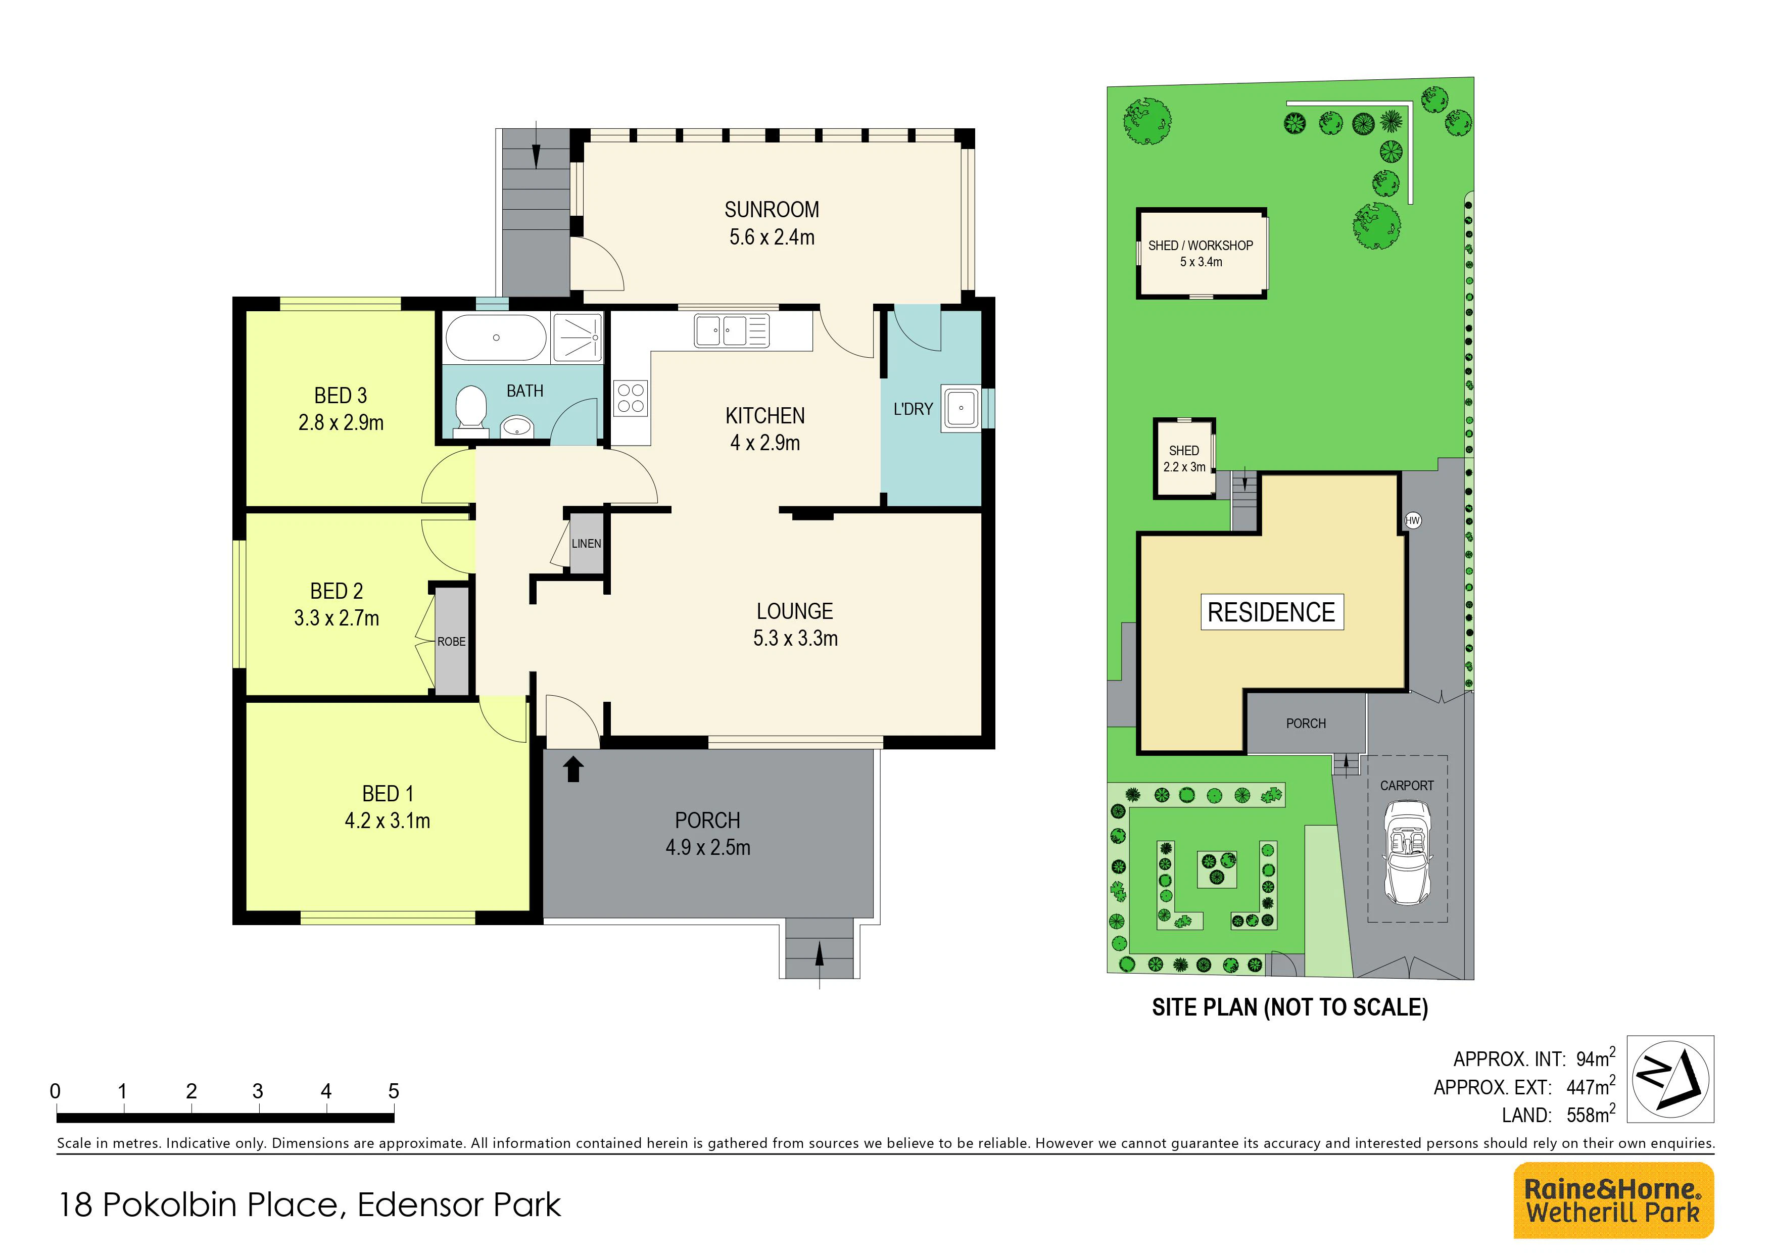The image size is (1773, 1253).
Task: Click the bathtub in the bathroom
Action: [x=496, y=338]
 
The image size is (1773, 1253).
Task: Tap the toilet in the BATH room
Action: [x=470, y=409]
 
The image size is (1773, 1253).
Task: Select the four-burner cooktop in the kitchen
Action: [x=631, y=398]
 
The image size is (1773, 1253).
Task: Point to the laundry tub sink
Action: [x=961, y=408]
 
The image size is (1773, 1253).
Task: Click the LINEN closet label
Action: [x=586, y=544]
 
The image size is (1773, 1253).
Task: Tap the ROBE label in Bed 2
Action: [x=452, y=642]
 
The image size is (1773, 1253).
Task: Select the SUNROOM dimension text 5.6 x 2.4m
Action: [x=772, y=237]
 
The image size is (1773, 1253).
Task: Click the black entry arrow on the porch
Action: [x=573, y=769]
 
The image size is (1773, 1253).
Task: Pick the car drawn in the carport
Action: [x=1407, y=852]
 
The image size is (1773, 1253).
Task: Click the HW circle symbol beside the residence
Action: [x=1412, y=520]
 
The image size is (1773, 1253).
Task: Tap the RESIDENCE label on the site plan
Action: [x=1271, y=612]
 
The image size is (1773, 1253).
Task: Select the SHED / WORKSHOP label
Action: [x=1201, y=246]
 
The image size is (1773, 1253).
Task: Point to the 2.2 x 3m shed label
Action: [x=1184, y=467]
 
